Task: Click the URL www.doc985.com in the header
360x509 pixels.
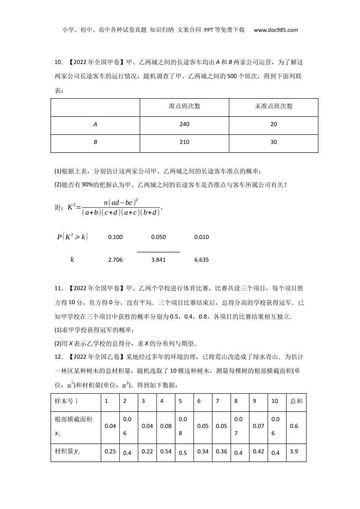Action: point(275,30)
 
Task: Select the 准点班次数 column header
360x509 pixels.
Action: point(185,106)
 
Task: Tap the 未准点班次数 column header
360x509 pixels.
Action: point(274,106)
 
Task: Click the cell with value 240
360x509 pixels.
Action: point(185,124)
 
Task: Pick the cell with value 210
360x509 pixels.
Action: point(185,142)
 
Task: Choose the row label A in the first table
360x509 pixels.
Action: point(95,124)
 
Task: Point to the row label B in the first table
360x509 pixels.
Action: point(95,142)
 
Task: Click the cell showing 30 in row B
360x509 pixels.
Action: point(274,142)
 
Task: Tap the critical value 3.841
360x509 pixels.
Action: point(158,260)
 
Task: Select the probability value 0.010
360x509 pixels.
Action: point(202,237)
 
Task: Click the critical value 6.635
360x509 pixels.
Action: point(202,260)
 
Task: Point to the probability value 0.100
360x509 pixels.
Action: point(116,237)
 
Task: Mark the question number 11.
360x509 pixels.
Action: point(58,289)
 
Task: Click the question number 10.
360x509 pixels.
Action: point(58,62)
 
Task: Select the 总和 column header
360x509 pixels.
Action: point(296,401)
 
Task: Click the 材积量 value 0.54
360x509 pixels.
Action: point(166,451)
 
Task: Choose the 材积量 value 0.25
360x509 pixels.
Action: point(110,451)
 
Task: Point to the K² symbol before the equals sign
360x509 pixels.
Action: point(72,207)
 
